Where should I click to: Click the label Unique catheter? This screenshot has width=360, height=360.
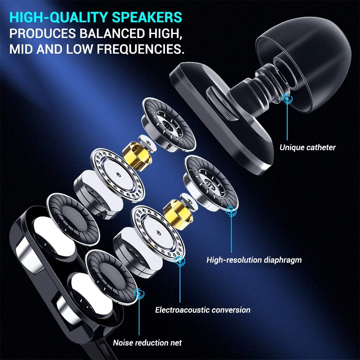(307, 148)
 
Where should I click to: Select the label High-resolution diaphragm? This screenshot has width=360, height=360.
(254, 260)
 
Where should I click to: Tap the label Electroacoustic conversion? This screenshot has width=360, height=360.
(203, 310)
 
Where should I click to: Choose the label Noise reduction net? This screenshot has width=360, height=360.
(147, 343)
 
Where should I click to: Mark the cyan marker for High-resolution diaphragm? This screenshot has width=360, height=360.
(231, 211)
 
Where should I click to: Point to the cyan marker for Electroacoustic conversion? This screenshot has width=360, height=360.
(179, 261)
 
